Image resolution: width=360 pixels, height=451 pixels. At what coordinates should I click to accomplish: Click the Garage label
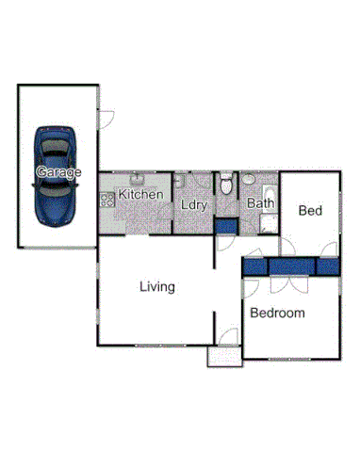[x=57, y=172]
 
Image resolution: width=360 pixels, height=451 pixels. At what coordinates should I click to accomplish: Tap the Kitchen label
[x=141, y=195]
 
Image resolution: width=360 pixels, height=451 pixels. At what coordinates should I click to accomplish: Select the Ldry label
[x=194, y=203]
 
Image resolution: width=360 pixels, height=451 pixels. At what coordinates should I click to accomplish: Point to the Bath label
[x=260, y=202]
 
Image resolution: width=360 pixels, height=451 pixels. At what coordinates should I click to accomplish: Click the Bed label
[x=310, y=211]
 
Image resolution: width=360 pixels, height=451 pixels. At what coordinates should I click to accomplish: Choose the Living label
[x=156, y=286]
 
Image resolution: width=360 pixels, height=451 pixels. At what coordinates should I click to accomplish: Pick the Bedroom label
[x=278, y=313]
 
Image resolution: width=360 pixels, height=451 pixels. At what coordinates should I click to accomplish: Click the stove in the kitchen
[x=106, y=199]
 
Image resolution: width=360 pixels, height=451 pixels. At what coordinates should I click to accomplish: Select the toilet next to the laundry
[x=225, y=183]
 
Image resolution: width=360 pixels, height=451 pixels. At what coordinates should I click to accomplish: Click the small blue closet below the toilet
[x=225, y=226]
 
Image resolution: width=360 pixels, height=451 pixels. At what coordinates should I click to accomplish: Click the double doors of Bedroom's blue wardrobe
[x=284, y=267]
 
